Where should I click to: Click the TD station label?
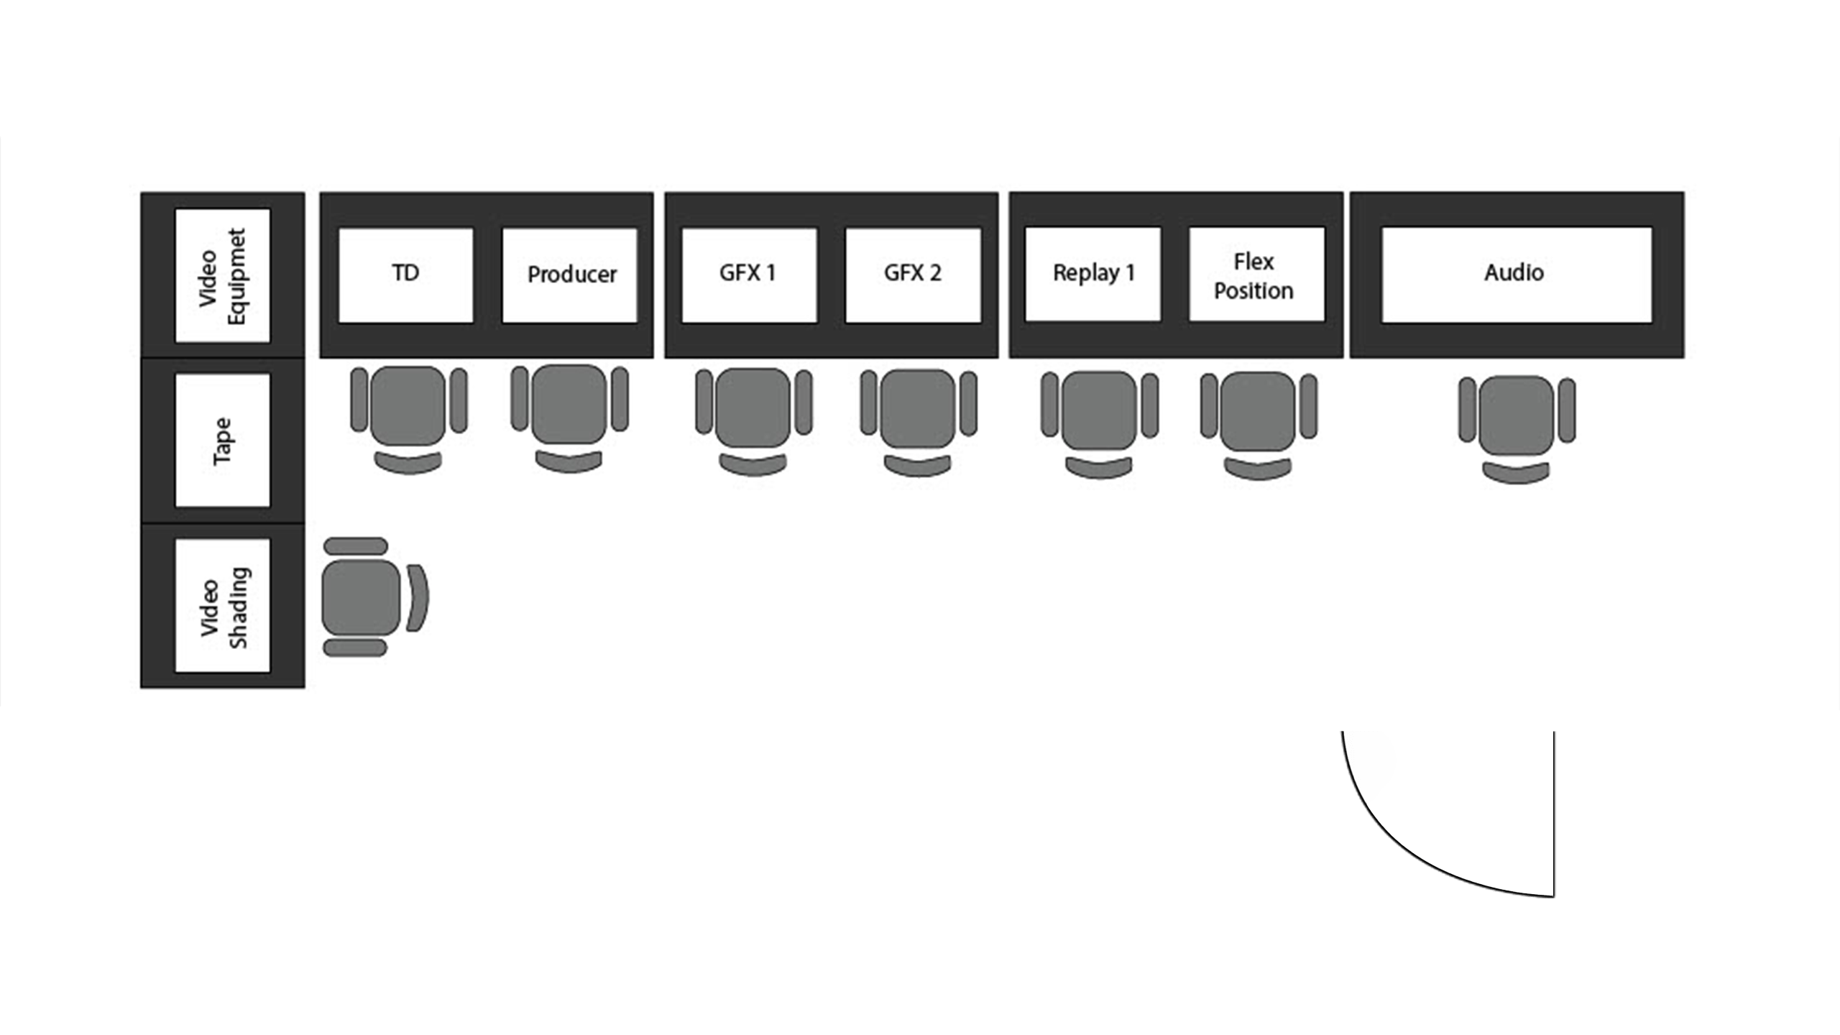(x=405, y=273)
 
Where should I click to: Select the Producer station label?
(x=572, y=275)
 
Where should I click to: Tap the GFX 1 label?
(x=747, y=273)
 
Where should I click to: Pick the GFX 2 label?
(x=913, y=273)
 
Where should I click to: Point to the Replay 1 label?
(x=1094, y=274)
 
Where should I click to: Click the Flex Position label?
(x=1254, y=276)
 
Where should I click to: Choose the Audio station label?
(x=1514, y=273)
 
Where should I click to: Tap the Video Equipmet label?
(x=223, y=277)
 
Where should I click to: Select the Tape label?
(x=223, y=441)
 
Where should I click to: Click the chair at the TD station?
(x=408, y=420)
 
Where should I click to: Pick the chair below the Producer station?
(x=569, y=418)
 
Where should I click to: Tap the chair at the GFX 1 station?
(x=753, y=421)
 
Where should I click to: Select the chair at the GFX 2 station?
(x=918, y=423)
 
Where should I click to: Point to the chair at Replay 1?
(x=1099, y=424)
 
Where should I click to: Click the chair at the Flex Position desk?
(x=1259, y=425)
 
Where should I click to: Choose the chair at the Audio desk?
(x=1517, y=429)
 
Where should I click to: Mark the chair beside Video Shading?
(x=375, y=597)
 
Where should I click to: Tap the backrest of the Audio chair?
(x=1517, y=474)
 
